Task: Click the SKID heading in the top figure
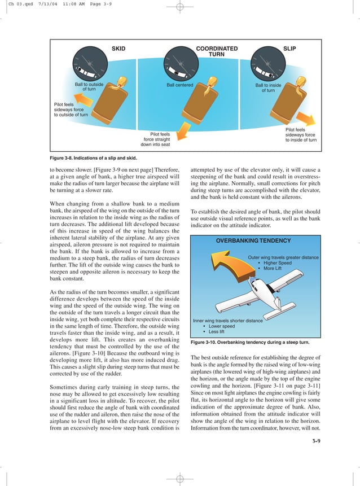click(x=118, y=49)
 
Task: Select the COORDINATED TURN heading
click(x=217, y=52)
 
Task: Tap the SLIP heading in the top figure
click(x=289, y=49)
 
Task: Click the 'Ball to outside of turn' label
click(x=89, y=87)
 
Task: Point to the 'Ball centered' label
click(x=179, y=85)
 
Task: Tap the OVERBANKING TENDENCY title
click(x=253, y=240)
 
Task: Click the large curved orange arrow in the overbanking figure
click(x=216, y=275)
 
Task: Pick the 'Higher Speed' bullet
click(x=276, y=263)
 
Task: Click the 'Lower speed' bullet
click(x=221, y=326)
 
